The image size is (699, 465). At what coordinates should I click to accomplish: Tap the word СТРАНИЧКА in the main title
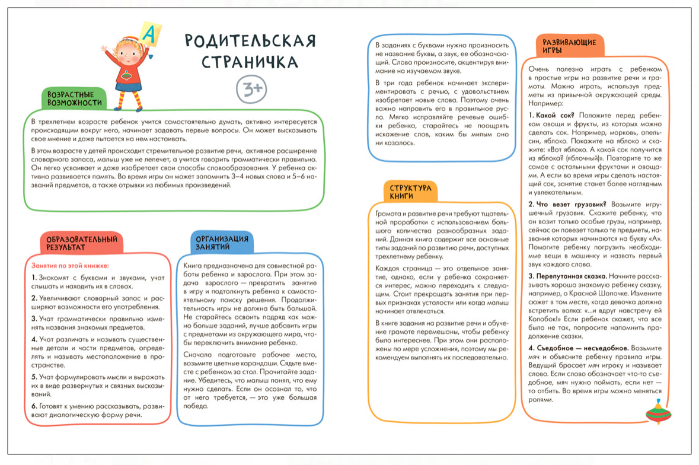249,62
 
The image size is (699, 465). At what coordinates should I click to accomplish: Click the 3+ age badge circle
251,88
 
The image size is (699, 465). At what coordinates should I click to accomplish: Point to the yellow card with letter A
150,33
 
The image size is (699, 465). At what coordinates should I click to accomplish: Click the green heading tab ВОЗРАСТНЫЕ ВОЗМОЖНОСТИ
75,98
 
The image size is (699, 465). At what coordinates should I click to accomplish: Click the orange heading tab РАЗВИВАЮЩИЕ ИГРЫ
569,46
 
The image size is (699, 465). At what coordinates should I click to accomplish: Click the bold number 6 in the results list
34,405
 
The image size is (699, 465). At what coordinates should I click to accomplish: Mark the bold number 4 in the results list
34,339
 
